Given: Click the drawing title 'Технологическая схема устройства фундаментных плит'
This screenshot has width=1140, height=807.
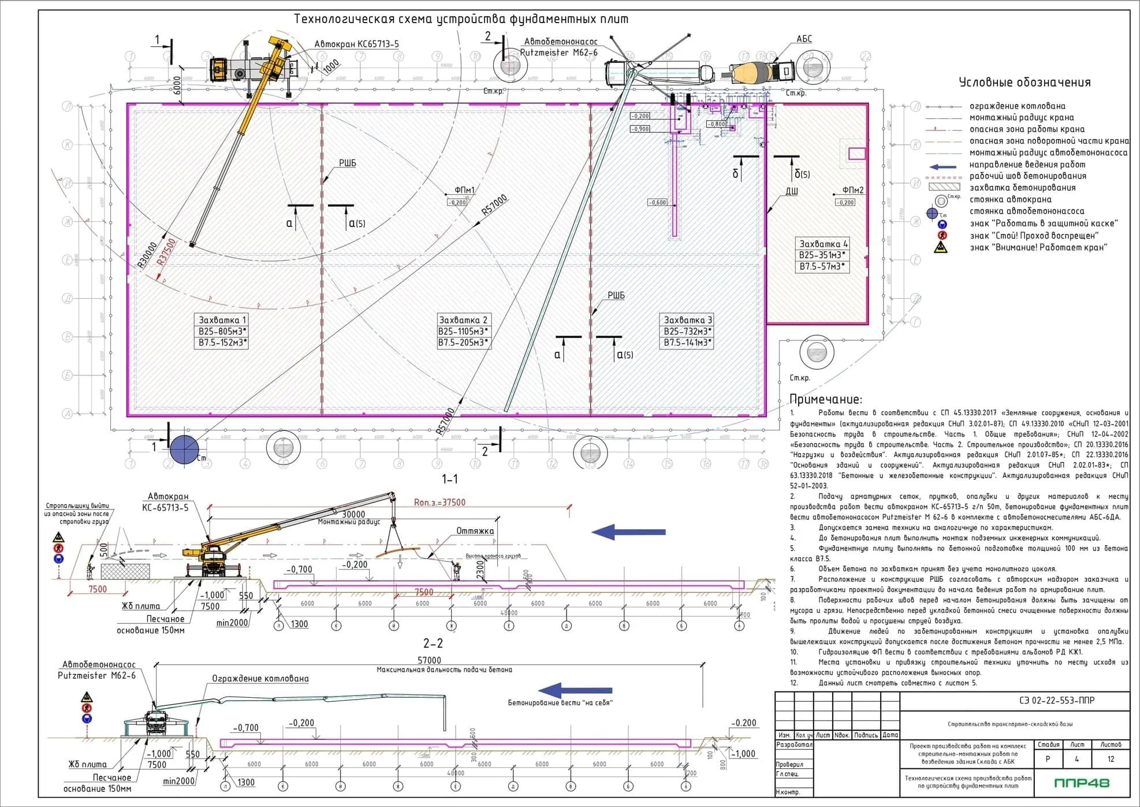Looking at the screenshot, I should click(x=461, y=19).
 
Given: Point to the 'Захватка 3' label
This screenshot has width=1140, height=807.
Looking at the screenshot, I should click(x=687, y=320).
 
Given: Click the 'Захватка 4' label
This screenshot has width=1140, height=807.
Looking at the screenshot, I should click(x=823, y=244).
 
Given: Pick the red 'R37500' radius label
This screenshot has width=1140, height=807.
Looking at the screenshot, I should click(x=167, y=252).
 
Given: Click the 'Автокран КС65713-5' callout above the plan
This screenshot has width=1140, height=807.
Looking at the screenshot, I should click(x=356, y=44).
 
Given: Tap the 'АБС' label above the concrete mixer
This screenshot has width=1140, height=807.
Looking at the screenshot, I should click(x=804, y=39).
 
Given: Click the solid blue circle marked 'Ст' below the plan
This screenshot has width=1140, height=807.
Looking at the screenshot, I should click(x=184, y=448).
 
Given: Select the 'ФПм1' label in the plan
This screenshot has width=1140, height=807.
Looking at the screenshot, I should click(x=464, y=190).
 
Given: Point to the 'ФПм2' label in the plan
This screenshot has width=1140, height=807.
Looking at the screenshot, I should click(x=852, y=190).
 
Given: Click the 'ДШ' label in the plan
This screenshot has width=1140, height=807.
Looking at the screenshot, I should click(x=791, y=191).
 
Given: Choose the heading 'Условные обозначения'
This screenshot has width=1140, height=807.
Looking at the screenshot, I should click(x=1024, y=83).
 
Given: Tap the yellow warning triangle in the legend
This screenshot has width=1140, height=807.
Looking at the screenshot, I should click(x=941, y=248).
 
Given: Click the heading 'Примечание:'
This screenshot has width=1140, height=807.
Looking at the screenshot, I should click(x=825, y=399).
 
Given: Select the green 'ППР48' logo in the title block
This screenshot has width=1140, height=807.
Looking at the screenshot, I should click(x=1081, y=783).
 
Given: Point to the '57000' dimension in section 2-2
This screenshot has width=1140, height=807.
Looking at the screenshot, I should click(x=429, y=660).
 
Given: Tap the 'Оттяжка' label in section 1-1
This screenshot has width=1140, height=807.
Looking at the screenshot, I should click(x=475, y=531).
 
